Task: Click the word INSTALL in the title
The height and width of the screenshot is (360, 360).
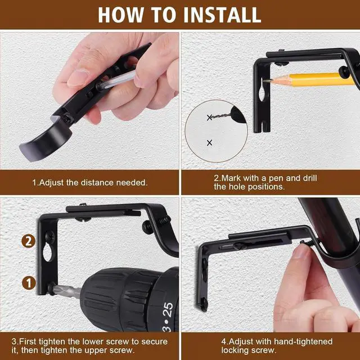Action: click(x=222, y=15)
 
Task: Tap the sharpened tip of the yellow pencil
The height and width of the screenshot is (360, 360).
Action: click(x=264, y=80)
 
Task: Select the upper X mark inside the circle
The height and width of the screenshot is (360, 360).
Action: click(x=209, y=118)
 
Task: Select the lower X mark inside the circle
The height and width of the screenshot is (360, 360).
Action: click(x=209, y=143)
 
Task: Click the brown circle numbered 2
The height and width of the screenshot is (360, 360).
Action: click(x=28, y=241)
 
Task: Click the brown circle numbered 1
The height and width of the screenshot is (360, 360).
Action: click(x=29, y=283)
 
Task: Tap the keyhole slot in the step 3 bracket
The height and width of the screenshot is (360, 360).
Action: click(x=48, y=252)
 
